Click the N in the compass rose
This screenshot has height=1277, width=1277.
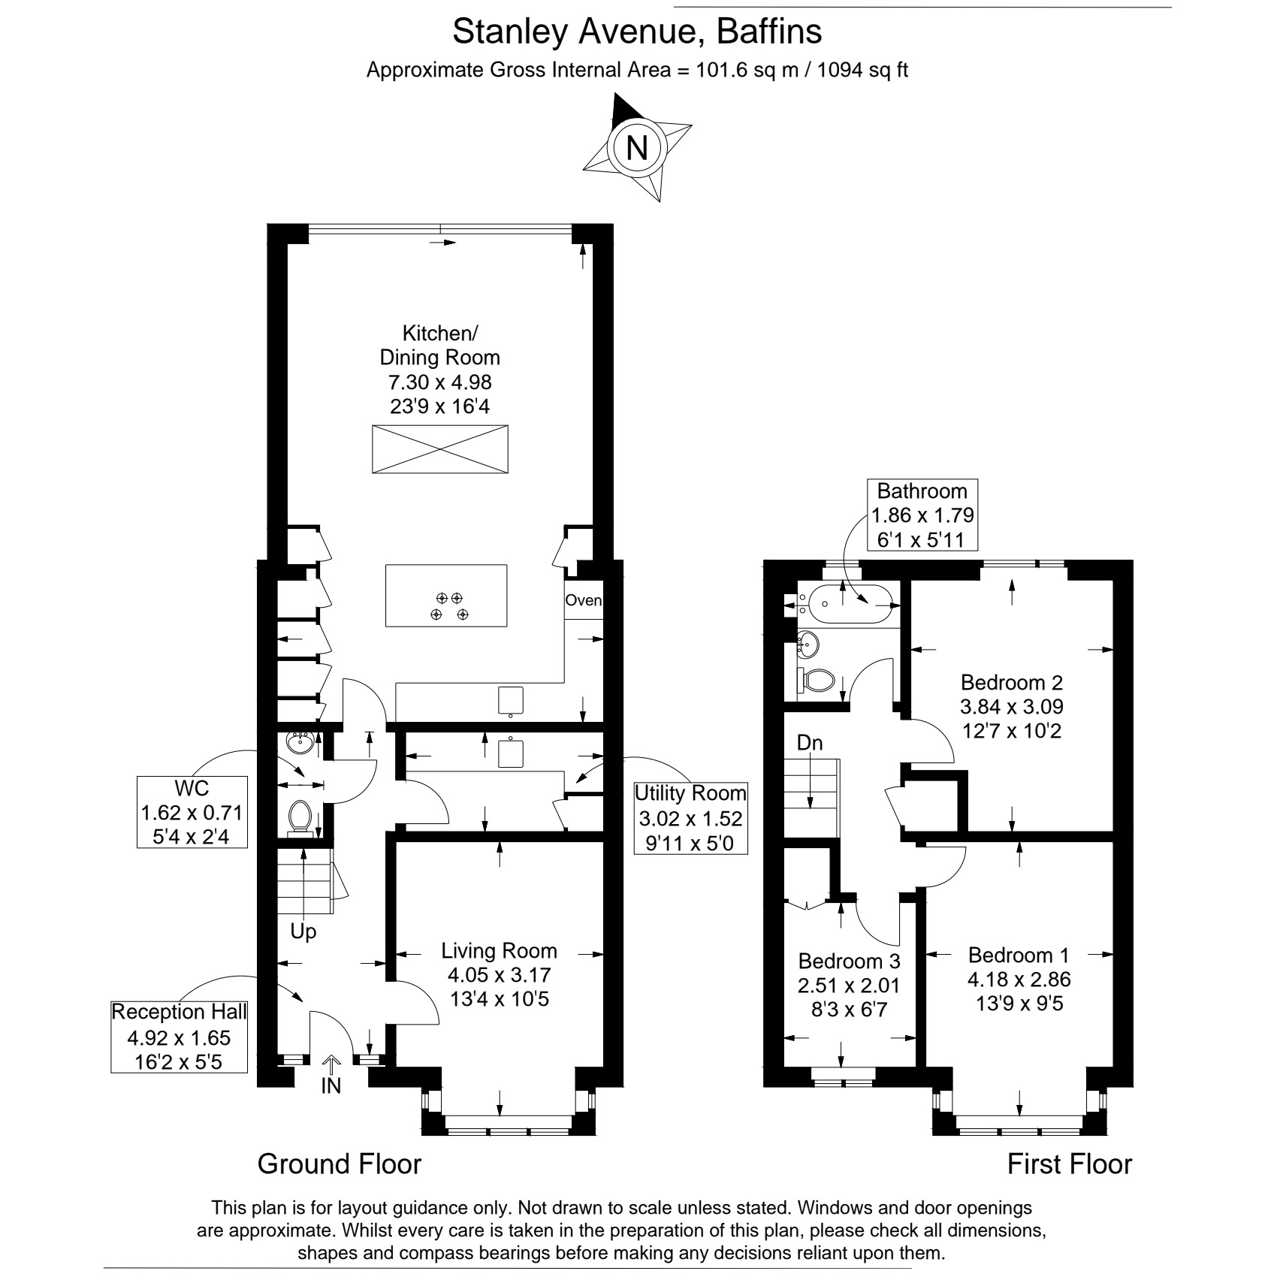pyautogui.click(x=637, y=146)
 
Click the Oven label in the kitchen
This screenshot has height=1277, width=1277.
pyautogui.click(x=584, y=600)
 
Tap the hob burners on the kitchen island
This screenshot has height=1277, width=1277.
pyautogui.click(x=449, y=606)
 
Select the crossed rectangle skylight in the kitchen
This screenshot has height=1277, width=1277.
pyautogui.click(x=440, y=449)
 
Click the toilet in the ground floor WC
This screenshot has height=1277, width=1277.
pyautogui.click(x=300, y=817)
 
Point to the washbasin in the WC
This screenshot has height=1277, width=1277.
pyautogui.click(x=300, y=743)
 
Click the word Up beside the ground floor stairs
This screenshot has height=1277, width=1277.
pyautogui.click(x=303, y=931)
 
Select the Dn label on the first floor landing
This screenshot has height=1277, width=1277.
pyautogui.click(x=810, y=743)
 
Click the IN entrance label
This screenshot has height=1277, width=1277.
pyautogui.click(x=331, y=1086)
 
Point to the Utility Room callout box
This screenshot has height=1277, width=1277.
pyautogui.click(x=690, y=817)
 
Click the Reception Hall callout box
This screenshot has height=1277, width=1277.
pyautogui.click(x=179, y=1037)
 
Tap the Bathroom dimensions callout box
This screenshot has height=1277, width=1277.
pyautogui.click(x=922, y=515)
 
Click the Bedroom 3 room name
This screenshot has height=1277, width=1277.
pyautogui.click(x=849, y=961)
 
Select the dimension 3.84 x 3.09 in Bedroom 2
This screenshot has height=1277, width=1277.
pyautogui.click(x=1012, y=706)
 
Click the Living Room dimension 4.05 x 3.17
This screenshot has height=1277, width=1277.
pyautogui.click(x=500, y=975)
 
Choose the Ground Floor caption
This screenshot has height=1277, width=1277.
pyautogui.click(x=340, y=1164)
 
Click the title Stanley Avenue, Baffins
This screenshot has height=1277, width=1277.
pyautogui.click(x=637, y=32)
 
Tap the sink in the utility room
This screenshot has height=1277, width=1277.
pyautogui.click(x=512, y=752)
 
